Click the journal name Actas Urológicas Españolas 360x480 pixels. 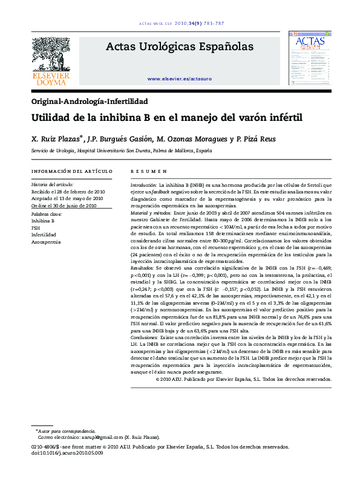click(180, 46)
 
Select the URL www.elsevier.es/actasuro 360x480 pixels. click(180, 79)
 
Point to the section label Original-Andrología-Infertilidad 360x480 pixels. click(90, 102)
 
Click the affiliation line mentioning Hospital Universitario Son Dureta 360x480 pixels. click(113, 151)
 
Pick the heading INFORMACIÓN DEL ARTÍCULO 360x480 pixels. click(71, 171)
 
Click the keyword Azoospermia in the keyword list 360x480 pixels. click(46, 242)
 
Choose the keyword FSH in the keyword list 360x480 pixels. click(36, 228)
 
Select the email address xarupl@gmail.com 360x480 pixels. click(98, 436)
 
